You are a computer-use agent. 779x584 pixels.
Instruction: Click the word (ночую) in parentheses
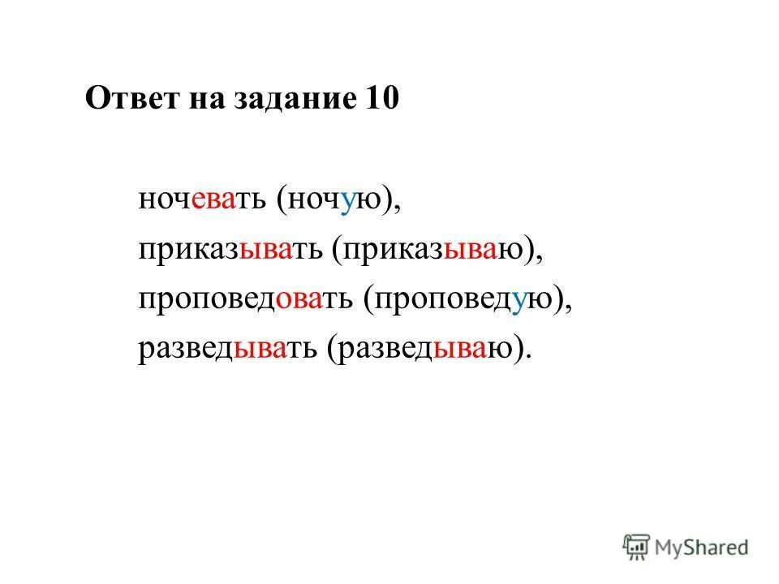(339, 200)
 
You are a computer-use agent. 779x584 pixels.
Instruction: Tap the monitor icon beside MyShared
(636, 547)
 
